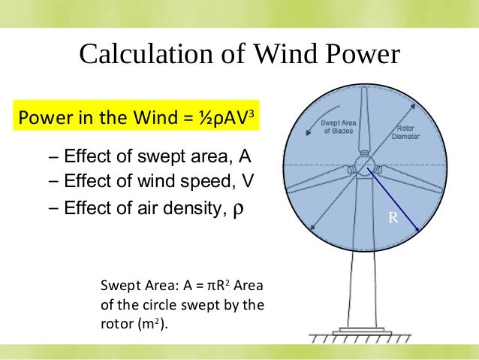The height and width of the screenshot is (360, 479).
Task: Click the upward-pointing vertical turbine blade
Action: (364, 120)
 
